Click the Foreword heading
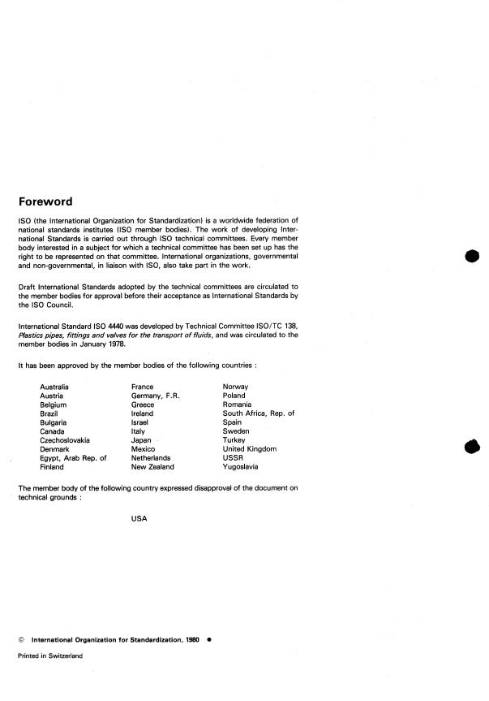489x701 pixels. [45, 201]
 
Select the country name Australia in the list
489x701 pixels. [54, 387]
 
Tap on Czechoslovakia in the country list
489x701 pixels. [66, 440]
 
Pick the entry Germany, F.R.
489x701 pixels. [155, 396]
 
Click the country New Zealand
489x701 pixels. [152, 467]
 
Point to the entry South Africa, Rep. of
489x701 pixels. [258, 413]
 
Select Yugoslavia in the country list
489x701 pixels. [242, 467]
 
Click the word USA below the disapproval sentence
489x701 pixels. [139, 519]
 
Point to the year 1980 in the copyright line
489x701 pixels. [190, 638]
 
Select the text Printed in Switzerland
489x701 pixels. [50, 655]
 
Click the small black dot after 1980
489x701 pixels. [209, 638]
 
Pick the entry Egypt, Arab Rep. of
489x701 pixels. [73, 458]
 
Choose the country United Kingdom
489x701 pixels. [250, 449]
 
